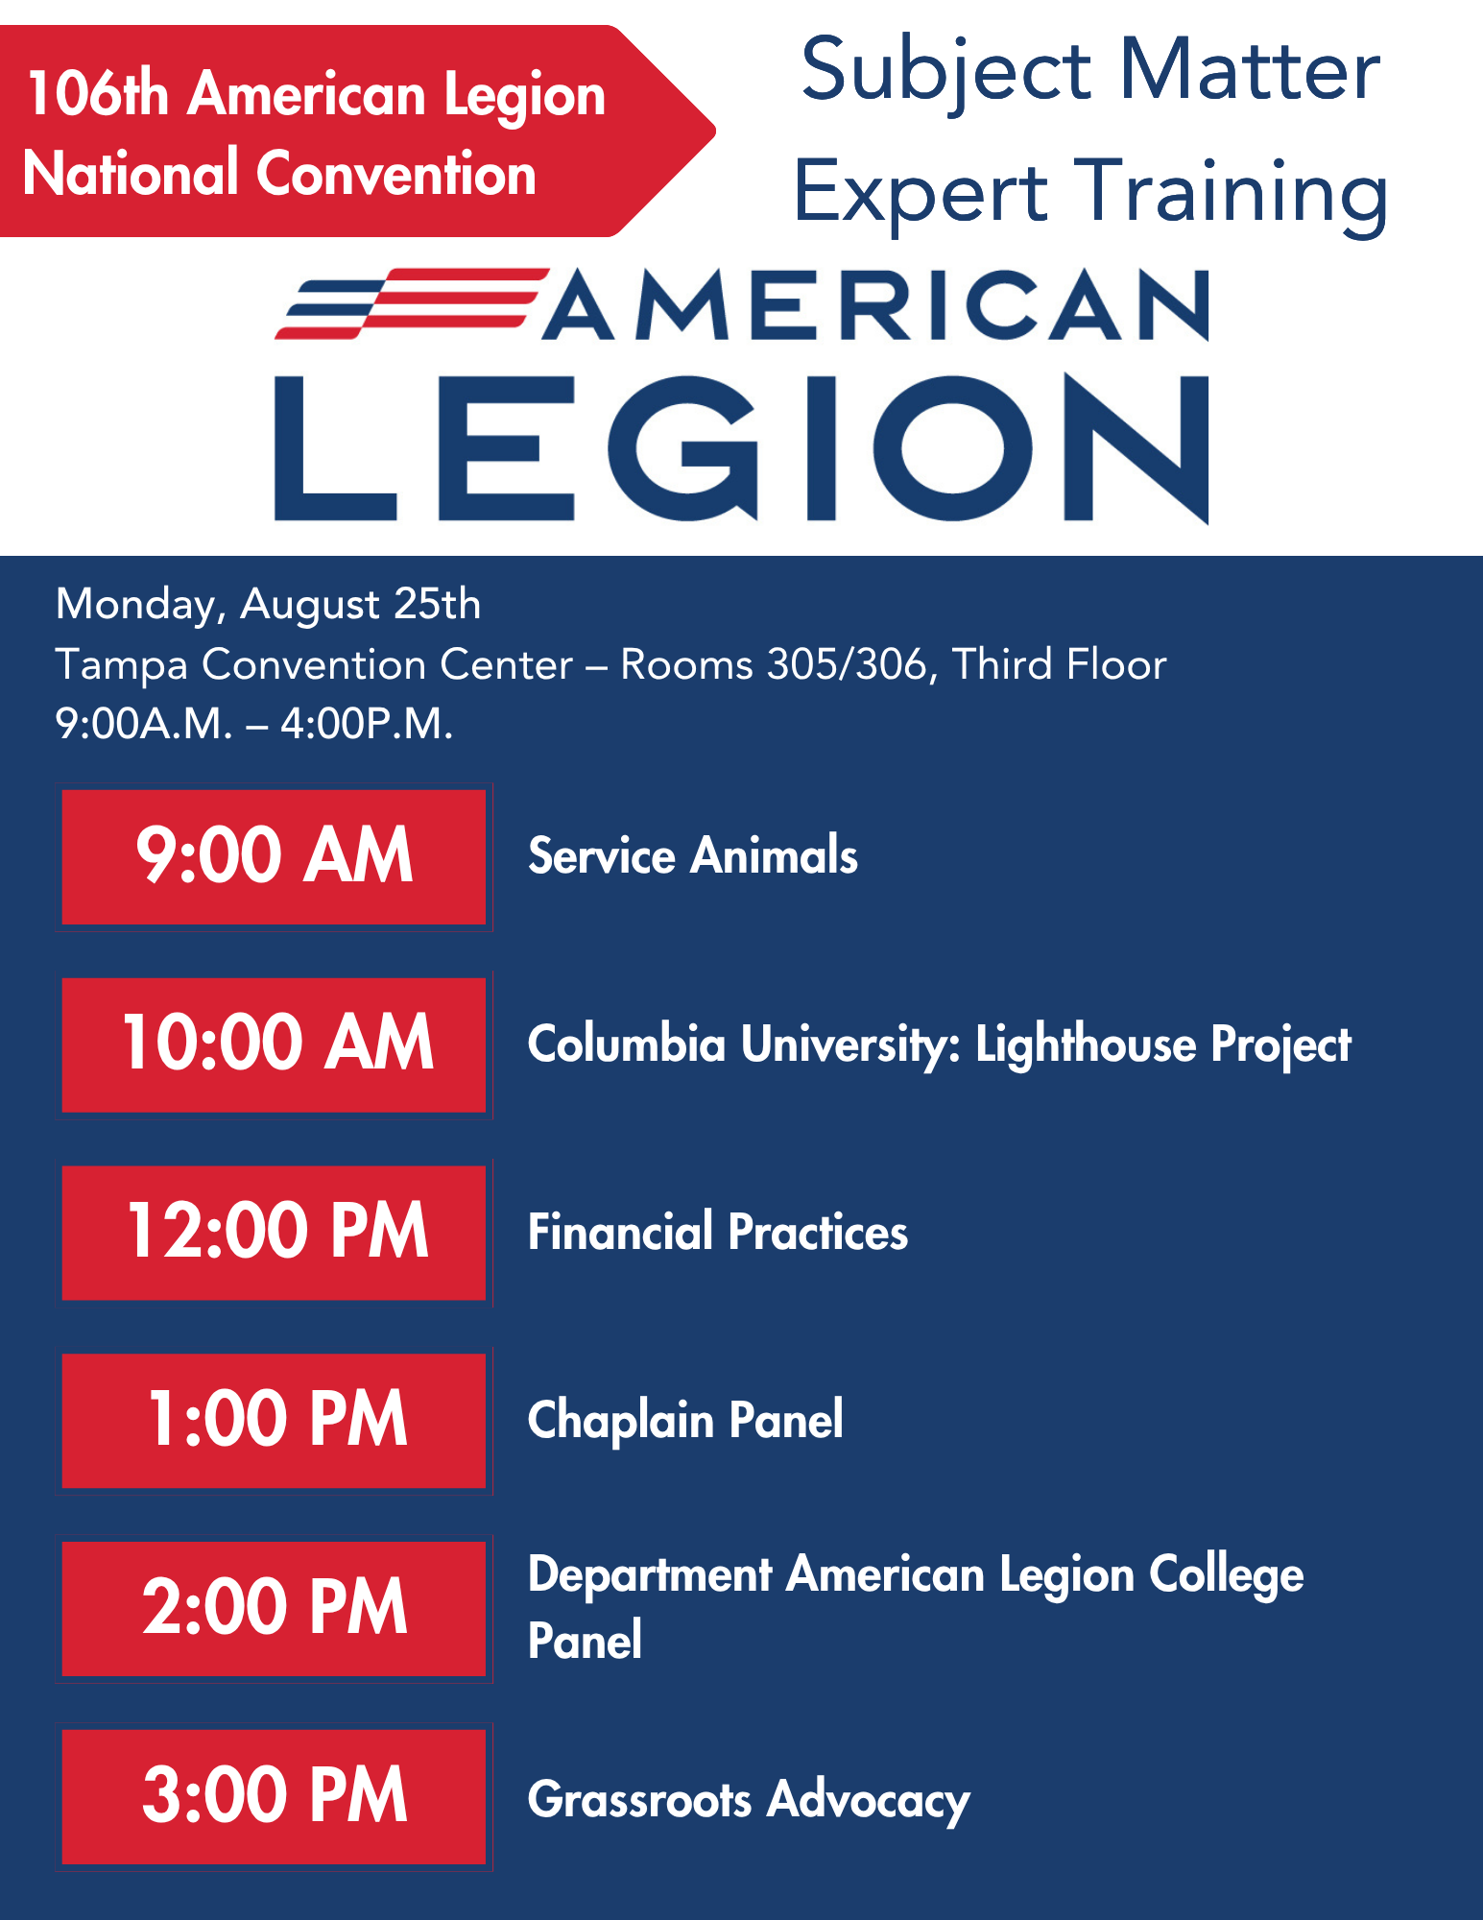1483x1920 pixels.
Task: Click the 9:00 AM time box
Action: pyautogui.click(x=274, y=856)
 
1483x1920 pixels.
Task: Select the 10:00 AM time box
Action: pyautogui.click(x=274, y=1044)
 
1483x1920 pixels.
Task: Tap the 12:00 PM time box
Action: pyautogui.click(x=274, y=1233)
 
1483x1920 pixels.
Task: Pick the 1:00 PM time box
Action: pyautogui.click(x=274, y=1421)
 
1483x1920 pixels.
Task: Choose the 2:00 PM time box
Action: pyautogui.click(x=274, y=1609)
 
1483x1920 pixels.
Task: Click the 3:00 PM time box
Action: pyautogui.click(x=274, y=1797)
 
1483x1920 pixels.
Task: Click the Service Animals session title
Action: pyautogui.click(x=693, y=855)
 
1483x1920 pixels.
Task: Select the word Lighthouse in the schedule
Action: pyautogui.click(x=1086, y=1044)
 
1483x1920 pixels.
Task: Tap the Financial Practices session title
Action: pyautogui.click(x=718, y=1232)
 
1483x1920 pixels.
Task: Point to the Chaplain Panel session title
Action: pyautogui.click(x=685, y=1421)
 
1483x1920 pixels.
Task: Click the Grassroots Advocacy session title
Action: pyautogui.click(x=749, y=1801)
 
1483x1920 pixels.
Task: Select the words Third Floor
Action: pyautogui.click(x=1060, y=664)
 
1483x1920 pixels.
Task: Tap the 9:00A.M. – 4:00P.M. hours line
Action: pyautogui.click(x=254, y=724)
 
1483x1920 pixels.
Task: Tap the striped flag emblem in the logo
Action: pyautogui.click(x=411, y=303)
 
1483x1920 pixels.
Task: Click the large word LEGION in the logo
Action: pyautogui.click(x=742, y=448)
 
